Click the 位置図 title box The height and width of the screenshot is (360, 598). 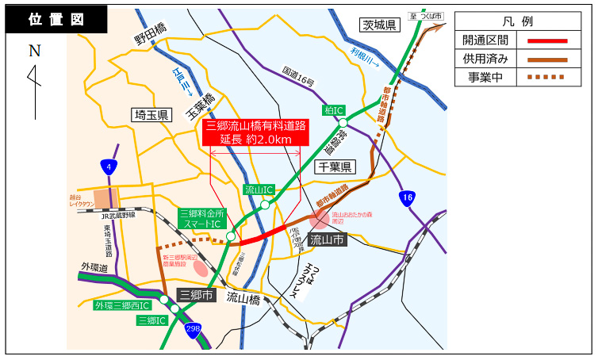[x=56, y=21]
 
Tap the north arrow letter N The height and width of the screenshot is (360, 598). [x=34, y=52]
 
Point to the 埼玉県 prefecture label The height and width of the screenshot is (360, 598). [x=151, y=115]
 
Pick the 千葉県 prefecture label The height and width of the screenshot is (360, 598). [x=335, y=167]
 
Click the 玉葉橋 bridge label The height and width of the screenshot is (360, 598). [x=201, y=104]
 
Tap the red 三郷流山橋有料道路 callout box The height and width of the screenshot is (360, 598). [x=255, y=132]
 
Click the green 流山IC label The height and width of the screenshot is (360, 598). [x=259, y=190]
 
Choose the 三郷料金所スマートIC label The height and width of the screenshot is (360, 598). [x=203, y=219]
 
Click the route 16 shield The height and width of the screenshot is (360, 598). [x=407, y=197]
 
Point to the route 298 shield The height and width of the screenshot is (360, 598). [x=193, y=328]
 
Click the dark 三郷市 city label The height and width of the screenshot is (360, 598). [x=197, y=295]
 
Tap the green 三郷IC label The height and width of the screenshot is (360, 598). [x=151, y=320]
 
